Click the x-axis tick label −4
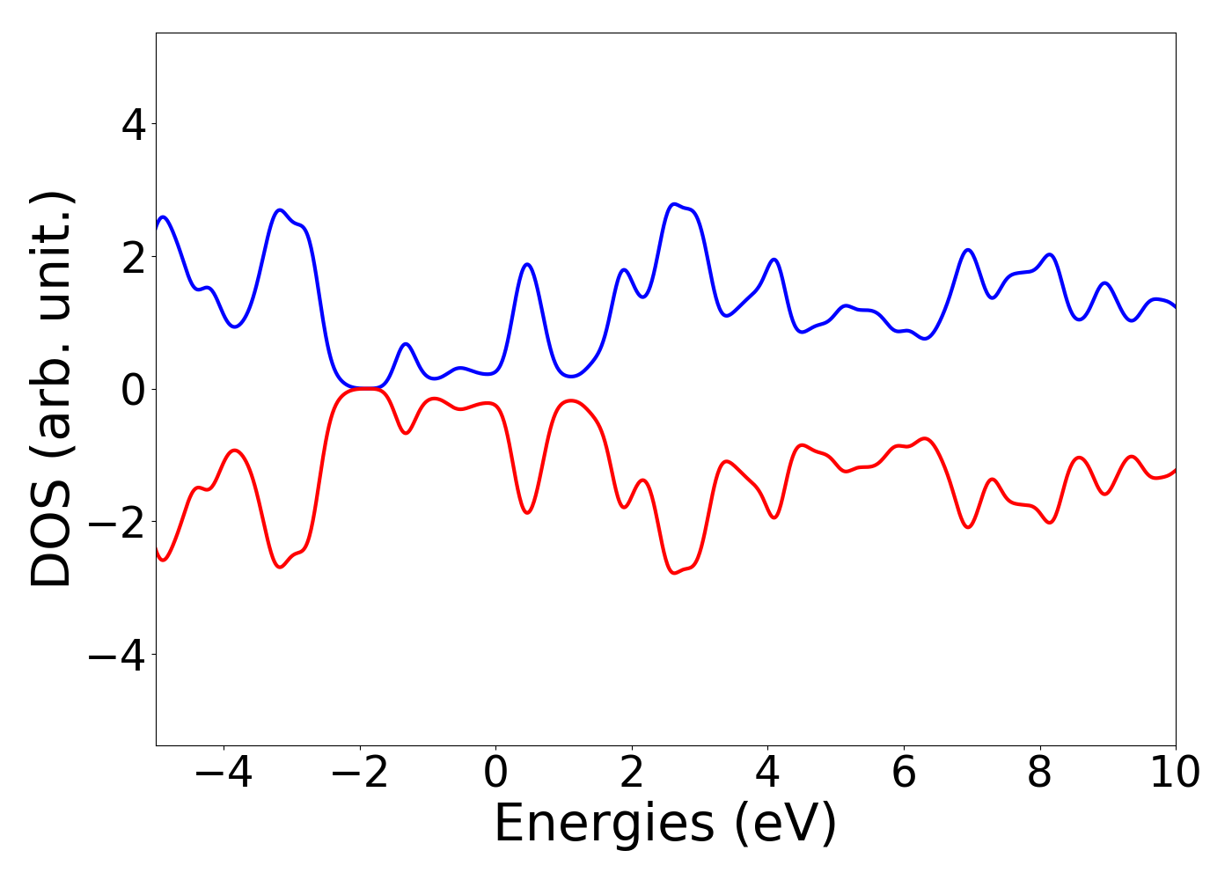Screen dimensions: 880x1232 224,774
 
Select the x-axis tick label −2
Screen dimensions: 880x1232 360,774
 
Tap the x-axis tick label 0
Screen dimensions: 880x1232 496,774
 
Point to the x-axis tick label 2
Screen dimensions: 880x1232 632,774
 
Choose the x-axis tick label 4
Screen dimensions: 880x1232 768,774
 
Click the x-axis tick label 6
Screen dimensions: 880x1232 904,774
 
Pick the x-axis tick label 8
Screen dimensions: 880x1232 1040,774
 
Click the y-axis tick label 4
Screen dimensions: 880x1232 134,124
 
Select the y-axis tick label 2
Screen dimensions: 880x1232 134,257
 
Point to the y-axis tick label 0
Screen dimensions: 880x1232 134,390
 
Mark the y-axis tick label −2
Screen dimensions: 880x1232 115,523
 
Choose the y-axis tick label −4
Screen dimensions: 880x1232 115,656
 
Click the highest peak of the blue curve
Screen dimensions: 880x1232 675,204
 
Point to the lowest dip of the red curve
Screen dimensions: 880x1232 675,574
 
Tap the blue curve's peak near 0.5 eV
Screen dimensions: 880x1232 527,264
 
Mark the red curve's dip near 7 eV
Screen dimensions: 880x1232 968,527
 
